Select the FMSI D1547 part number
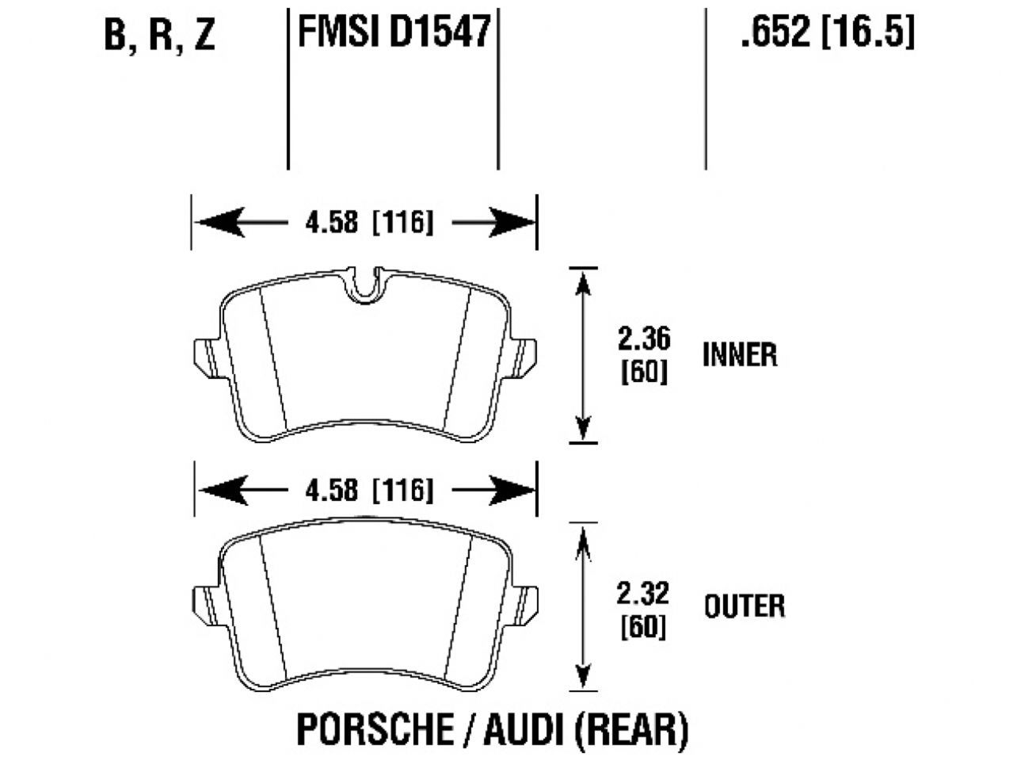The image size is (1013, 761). (x=393, y=33)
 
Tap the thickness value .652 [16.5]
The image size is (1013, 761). (x=827, y=33)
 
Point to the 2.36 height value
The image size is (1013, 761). (x=644, y=339)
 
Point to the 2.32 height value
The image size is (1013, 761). (x=644, y=593)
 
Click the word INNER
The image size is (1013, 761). (x=740, y=354)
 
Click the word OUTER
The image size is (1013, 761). (x=745, y=606)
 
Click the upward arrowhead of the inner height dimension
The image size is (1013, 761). (x=584, y=282)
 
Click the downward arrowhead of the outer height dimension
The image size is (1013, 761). (x=584, y=675)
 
